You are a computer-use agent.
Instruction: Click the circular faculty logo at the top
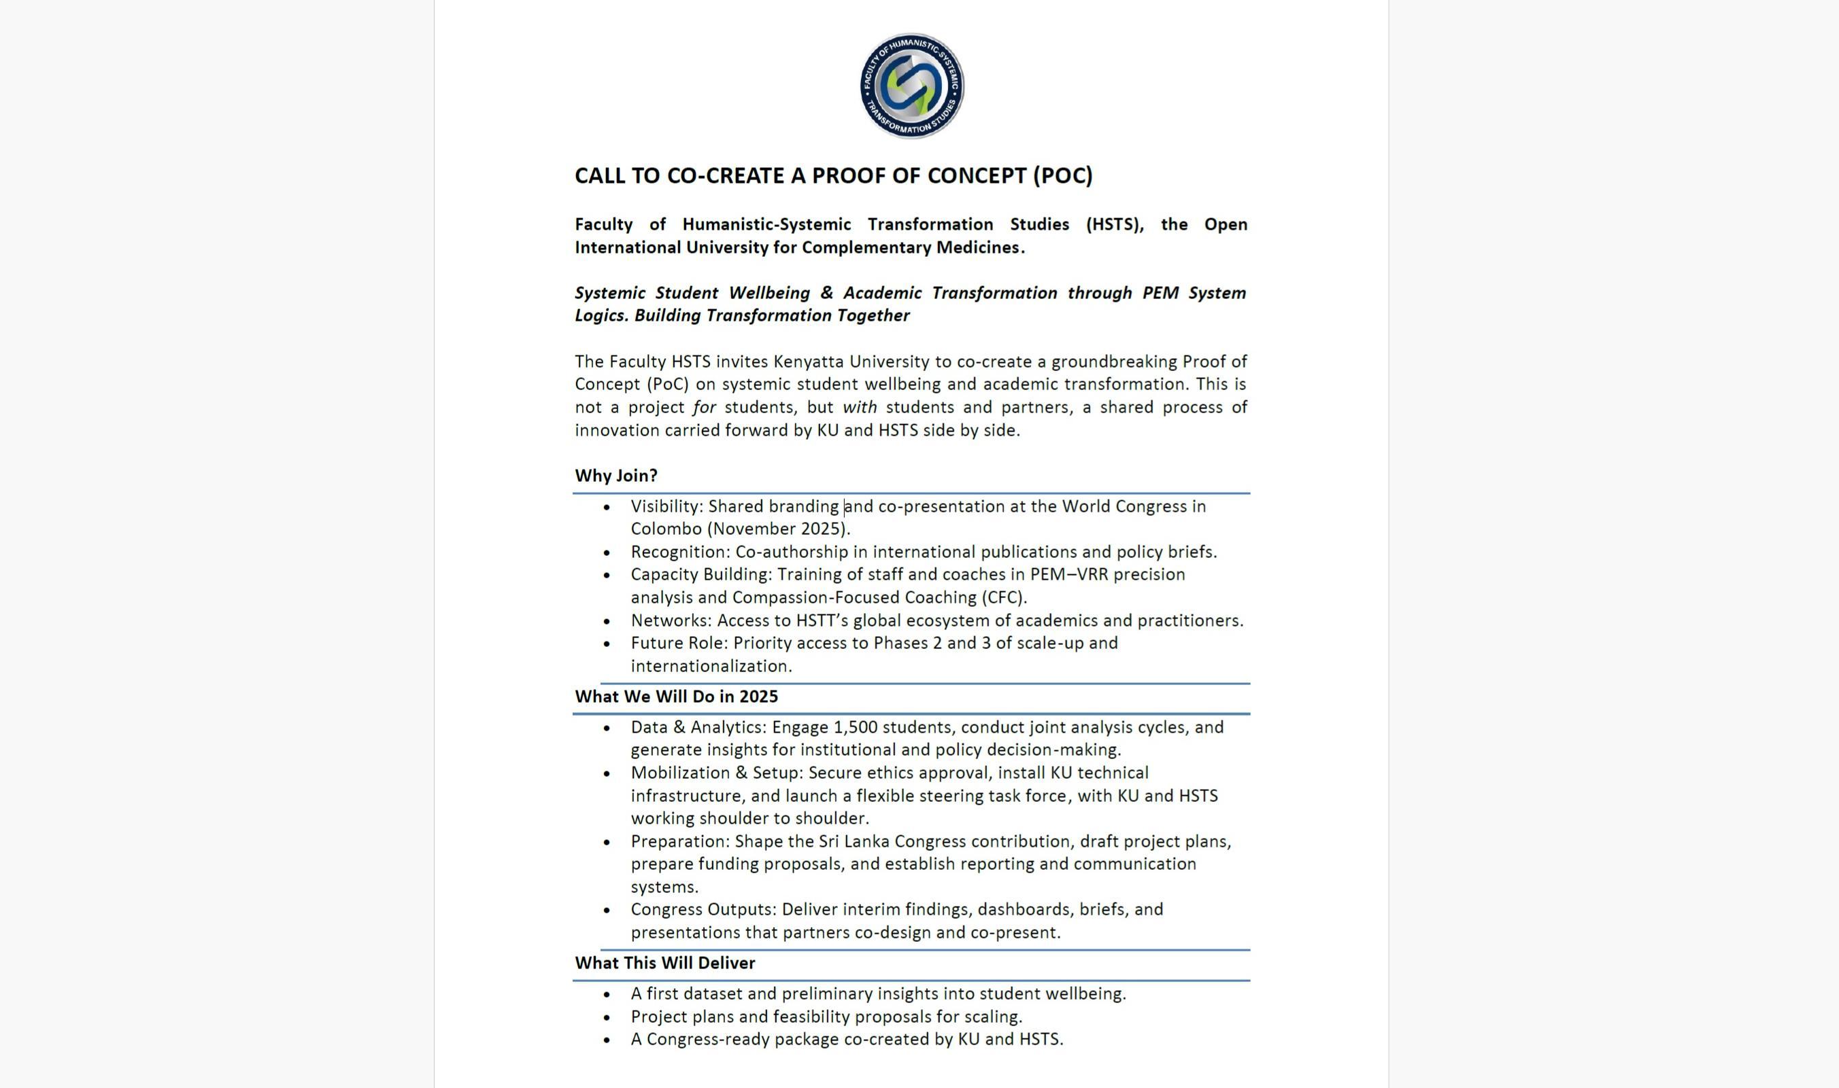pos(912,86)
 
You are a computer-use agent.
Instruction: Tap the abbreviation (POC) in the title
pos(1062,176)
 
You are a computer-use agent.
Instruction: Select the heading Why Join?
pos(616,476)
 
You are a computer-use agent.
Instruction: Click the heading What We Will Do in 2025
pos(676,697)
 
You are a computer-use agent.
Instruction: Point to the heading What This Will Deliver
pos(664,964)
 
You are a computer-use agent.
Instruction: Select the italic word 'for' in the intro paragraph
pos(703,408)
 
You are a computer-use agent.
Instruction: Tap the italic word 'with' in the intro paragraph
pos(859,408)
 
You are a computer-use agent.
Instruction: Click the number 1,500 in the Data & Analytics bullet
pos(855,727)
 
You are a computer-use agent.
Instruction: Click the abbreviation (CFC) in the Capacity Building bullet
pos(1002,597)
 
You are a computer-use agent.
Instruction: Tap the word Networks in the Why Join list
pos(671,621)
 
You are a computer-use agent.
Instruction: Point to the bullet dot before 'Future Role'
pos(607,644)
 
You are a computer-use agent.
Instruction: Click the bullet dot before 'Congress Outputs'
pos(607,911)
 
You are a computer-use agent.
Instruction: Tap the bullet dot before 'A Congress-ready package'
pos(607,1040)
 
